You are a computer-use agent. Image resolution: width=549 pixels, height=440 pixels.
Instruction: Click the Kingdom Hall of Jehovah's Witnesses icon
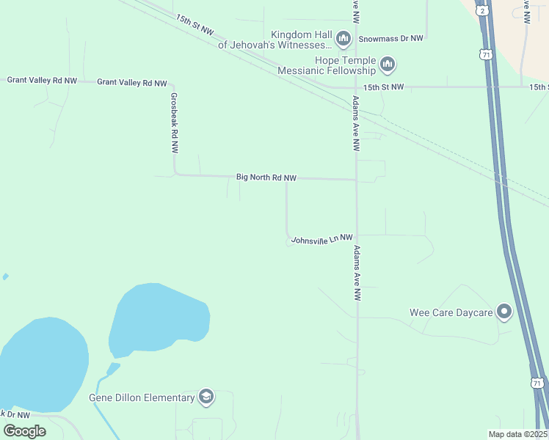click(x=343, y=37)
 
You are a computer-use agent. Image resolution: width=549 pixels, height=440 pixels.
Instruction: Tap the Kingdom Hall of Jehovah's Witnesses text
click(x=276, y=40)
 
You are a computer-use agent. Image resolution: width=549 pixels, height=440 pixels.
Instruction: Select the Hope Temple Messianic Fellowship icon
click(x=388, y=65)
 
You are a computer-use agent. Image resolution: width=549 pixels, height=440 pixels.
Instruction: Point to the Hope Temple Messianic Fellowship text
click(x=327, y=65)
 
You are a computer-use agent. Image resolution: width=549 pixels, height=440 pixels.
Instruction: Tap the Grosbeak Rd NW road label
click(x=174, y=122)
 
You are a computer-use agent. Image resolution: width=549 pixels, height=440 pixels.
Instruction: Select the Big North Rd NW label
click(x=266, y=177)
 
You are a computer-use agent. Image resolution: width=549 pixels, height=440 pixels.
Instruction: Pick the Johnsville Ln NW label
click(x=322, y=239)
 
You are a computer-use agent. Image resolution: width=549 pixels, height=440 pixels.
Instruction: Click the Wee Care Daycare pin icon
click(x=504, y=312)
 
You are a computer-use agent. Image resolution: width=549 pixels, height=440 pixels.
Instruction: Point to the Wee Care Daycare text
click(x=451, y=312)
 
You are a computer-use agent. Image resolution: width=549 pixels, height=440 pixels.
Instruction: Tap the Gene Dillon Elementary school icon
click(x=206, y=397)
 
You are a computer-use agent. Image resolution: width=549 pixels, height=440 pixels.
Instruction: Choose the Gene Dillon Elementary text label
click(x=142, y=397)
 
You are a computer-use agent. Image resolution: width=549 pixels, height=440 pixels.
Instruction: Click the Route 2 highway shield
click(x=481, y=11)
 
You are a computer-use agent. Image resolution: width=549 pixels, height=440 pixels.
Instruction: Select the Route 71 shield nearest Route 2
click(x=484, y=55)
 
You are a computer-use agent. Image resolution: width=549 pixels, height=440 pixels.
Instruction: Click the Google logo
click(x=24, y=430)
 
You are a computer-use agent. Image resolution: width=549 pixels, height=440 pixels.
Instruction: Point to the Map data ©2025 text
click(x=517, y=434)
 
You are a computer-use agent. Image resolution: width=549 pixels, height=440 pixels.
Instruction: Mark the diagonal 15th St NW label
click(x=194, y=24)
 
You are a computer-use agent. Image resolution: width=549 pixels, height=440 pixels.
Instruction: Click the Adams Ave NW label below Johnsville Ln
click(x=357, y=273)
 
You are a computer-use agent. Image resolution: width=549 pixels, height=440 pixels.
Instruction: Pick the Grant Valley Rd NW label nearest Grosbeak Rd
click(x=132, y=83)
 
